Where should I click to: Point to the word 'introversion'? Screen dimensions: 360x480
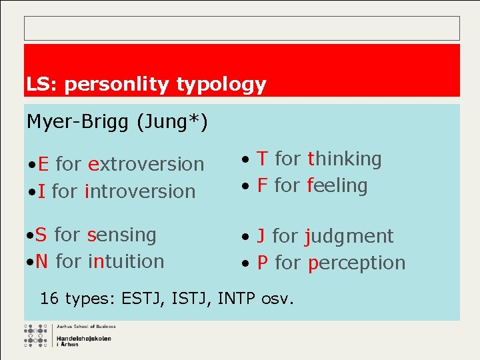pyautogui.click(x=140, y=191)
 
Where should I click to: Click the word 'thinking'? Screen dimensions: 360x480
pyautogui.click(x=344, y=159)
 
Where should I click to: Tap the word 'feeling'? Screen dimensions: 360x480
pyautogui.click(x=337, y=185)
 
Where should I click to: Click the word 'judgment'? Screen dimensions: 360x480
pyautogui.click(x=349, y=237)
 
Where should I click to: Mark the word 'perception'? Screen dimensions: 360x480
pyautogui.click(x=356, y=263)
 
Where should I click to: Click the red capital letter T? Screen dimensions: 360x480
pyautogui.click(x=263, y=159)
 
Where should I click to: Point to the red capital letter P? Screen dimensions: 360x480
pyautogui.click(x=263, y=263)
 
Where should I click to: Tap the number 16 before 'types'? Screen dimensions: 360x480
pyautogui.click(x=49, y=298)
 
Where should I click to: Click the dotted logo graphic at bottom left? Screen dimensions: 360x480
pyautogui.click(x=37, y=336)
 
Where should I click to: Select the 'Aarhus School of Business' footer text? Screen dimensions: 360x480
pyautogui.click(x=85, y=327)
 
